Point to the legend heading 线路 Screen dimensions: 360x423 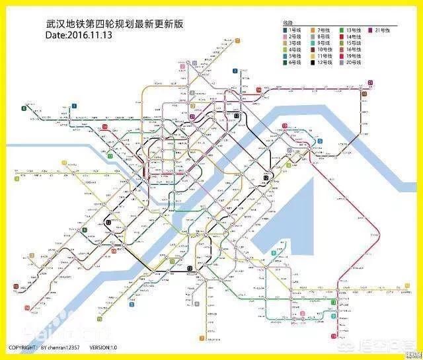point(288,22)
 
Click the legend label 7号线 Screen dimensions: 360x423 point(325,30)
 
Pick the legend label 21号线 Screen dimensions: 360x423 point(383,30)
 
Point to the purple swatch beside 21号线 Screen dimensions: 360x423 point(371,30)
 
